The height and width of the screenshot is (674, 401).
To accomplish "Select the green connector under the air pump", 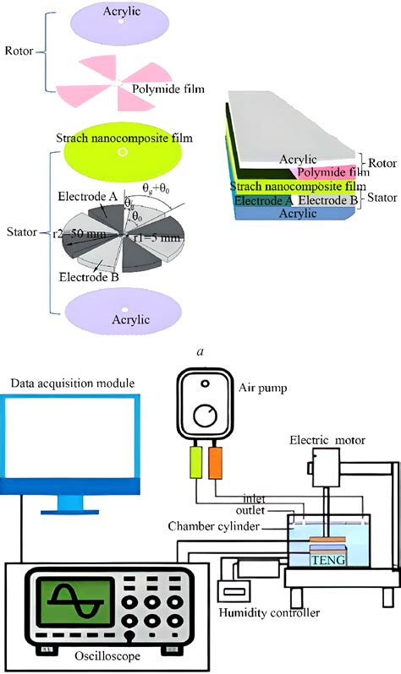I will tap(194, 465).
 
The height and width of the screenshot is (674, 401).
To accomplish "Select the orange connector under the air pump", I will tap(216, 465).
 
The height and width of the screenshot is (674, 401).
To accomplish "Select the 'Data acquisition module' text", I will tap(73, 383).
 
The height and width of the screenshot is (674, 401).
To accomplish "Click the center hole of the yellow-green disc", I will tap(124, 153).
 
